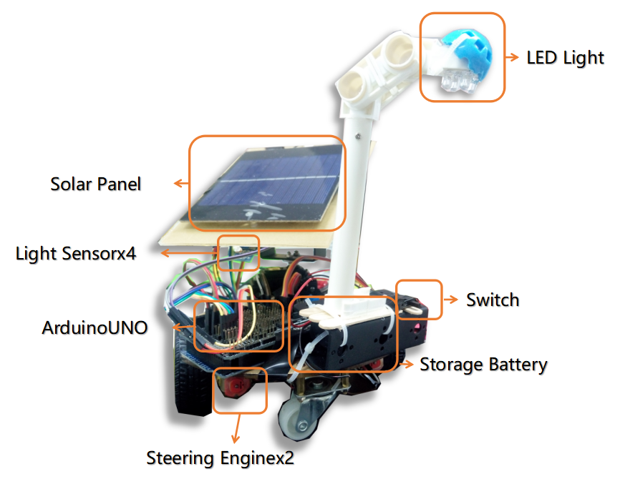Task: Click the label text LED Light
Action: click(x=565, y=57)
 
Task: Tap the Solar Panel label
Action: click(x=96, y=184)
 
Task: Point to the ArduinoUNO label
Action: click(x=95, y=328)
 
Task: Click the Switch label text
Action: click(x=493, y=300)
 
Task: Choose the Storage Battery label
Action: click(x=483, y=365)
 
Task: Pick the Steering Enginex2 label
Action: click(x=220, y=457)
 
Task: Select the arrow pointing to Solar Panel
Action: click(x=180, y=184)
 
